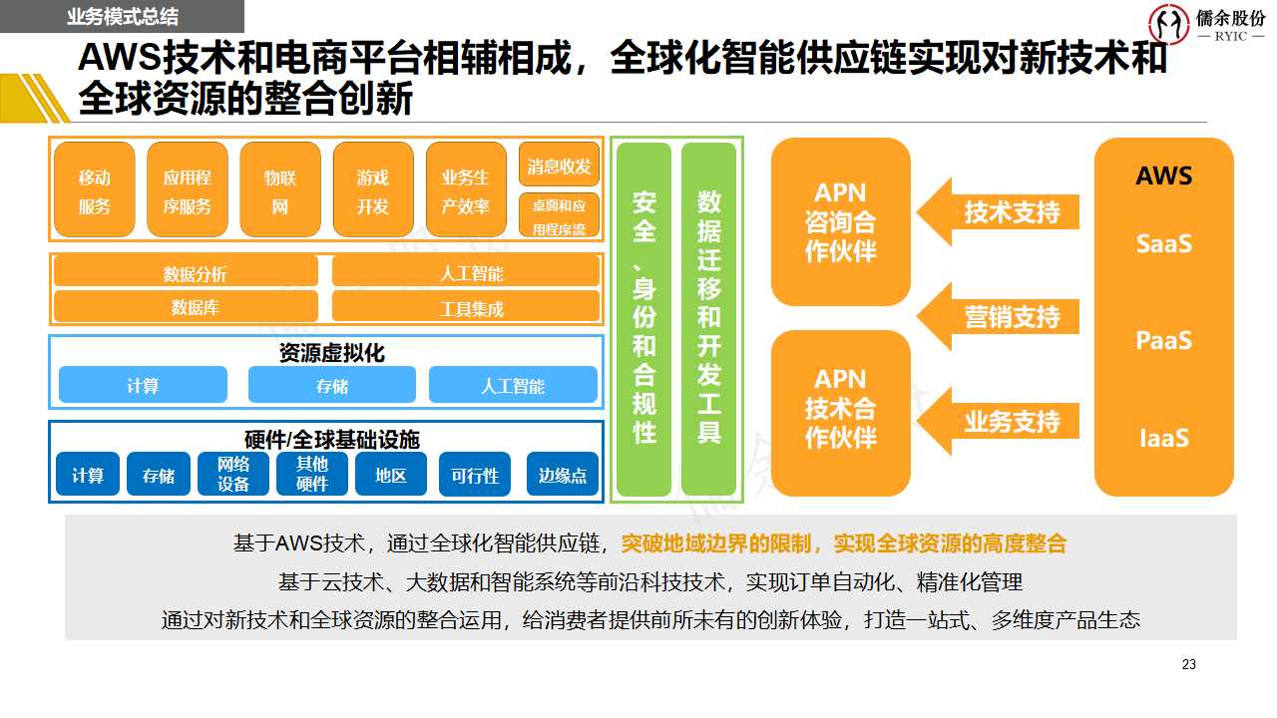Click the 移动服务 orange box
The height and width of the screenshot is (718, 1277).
[x=95, y=189]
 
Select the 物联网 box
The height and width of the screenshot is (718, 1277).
[x=280, y=189]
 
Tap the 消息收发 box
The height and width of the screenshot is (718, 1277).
[x=560, y=166]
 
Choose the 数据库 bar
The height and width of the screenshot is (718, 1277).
[x=186, y=307]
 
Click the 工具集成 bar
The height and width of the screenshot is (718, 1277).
[x=466, y=307]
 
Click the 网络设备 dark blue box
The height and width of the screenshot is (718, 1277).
[x=233, y=475]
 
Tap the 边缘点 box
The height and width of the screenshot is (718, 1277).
[x=563, y=475]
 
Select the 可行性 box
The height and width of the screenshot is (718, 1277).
[x=475, y=475]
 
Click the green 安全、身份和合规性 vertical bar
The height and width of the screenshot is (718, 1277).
[x=644, y=319]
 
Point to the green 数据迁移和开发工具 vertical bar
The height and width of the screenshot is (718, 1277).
[x=709, y=319]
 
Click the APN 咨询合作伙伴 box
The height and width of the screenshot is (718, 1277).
[x=841, y=221]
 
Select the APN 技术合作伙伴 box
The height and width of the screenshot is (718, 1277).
[x=841, y=409]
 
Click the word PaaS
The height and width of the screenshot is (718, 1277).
[x=1164, y=340]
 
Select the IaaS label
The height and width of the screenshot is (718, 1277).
[x=1164, y=438]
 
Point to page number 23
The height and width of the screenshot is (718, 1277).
[x=1188, y=664]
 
